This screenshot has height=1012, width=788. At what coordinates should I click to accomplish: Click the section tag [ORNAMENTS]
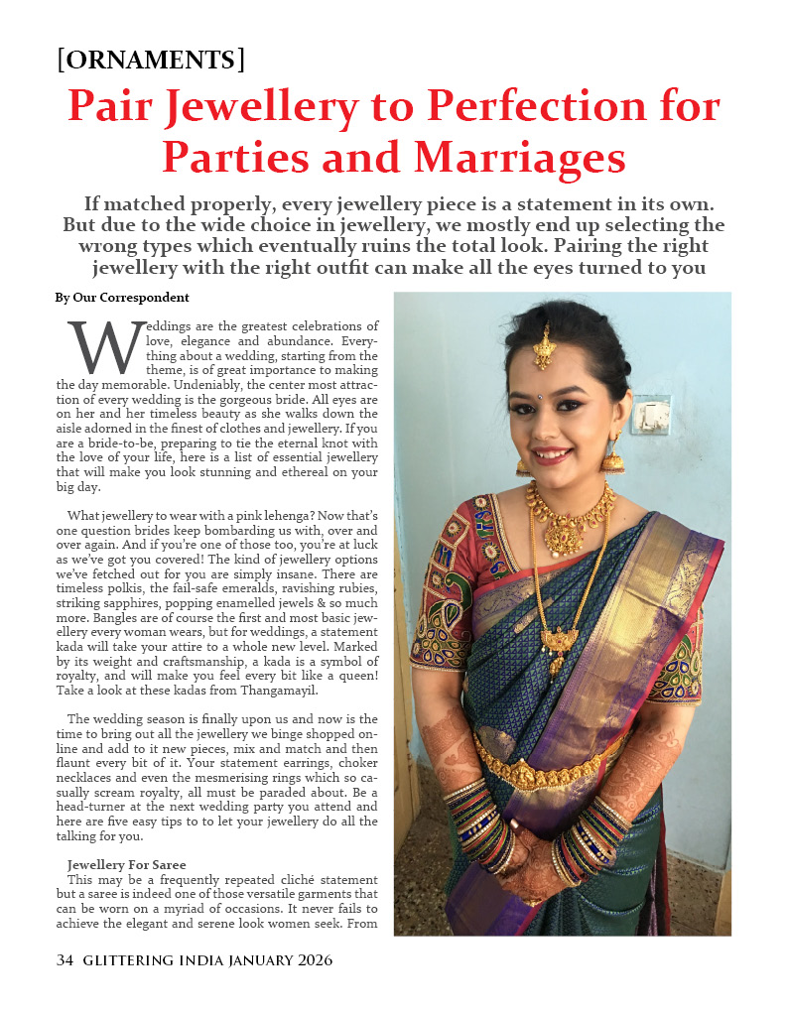(151, 60)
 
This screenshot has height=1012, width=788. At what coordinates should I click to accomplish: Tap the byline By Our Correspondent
(122, 298)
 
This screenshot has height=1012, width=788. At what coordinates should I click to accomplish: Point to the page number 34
(66, 960)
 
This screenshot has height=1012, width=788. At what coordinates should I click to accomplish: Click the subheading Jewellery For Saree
(126, 865)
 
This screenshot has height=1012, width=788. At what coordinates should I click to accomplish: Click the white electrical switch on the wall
(651, 415)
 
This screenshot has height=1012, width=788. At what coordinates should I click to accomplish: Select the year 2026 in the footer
(313, 960)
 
